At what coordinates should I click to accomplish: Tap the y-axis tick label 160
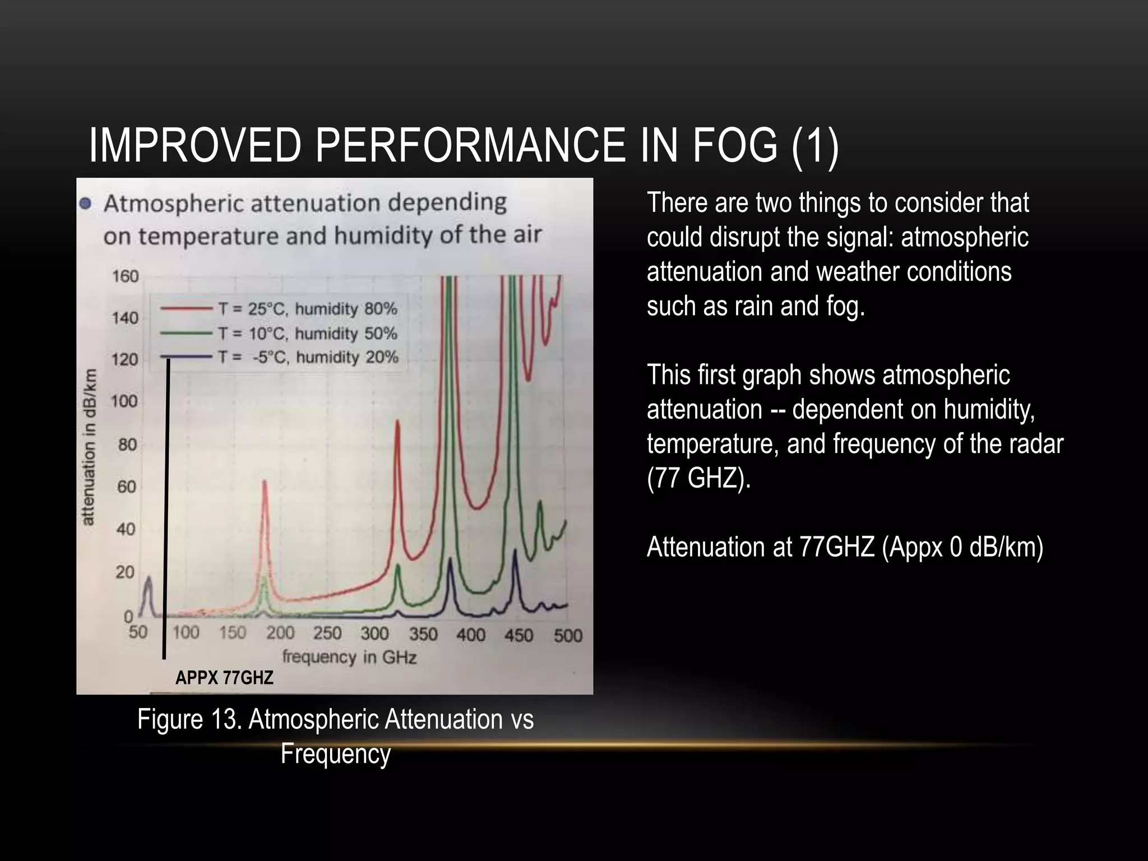[x=126, y=276]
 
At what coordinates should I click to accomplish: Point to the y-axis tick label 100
[x=124, y=401]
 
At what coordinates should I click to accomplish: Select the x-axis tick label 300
[x=374, y=633]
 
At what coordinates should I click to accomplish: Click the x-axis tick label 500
[x=568, y=636]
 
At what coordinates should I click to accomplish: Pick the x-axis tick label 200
[x=280, y=633]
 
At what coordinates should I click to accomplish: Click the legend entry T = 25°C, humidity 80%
[x=308, y=309]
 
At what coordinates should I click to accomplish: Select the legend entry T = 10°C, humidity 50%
[x=308, y=334]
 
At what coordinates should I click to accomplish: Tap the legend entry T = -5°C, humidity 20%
[x=308, y=357]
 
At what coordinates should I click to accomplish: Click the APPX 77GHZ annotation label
[x=224, y=678]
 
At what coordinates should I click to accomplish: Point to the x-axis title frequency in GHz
[x=349, y=656]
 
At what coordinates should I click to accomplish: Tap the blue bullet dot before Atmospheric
[x=85, y=203]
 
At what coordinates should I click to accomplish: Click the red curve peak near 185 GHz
[x=265, y=482]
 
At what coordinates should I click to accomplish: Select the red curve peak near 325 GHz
[x=397, y=422]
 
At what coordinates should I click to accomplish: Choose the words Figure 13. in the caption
[x=188, y=719]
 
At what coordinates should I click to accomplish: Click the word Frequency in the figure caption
[x=335, y=753]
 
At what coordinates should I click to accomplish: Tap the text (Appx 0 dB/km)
[x=962, y=547]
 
